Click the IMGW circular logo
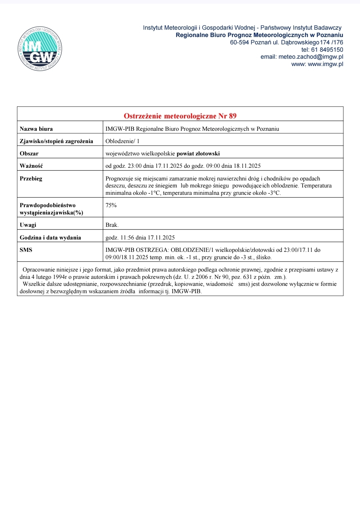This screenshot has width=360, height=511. click(40, 49)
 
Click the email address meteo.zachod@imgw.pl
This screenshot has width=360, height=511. click(311, 57)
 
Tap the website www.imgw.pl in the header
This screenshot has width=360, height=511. click(325, 64)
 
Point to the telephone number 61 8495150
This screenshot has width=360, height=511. click(327, 50)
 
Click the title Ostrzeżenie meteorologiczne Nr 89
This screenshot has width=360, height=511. click(180, 116)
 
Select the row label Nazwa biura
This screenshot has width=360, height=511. click(36, 129)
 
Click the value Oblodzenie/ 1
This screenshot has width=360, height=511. click(122, 141)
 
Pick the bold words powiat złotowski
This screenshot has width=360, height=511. click(198, 153)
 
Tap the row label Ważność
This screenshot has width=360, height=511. click(31, 166)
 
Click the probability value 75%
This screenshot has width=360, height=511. click(111, 205)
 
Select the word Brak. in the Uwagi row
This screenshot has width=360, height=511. click(112, 225)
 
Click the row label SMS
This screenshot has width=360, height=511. click(26, 250)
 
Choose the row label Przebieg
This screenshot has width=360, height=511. click(31, 178)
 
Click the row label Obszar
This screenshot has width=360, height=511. click(29, 153)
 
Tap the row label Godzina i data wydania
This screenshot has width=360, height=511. click(50, 237)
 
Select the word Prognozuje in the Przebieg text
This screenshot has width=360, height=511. click(119, 178)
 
